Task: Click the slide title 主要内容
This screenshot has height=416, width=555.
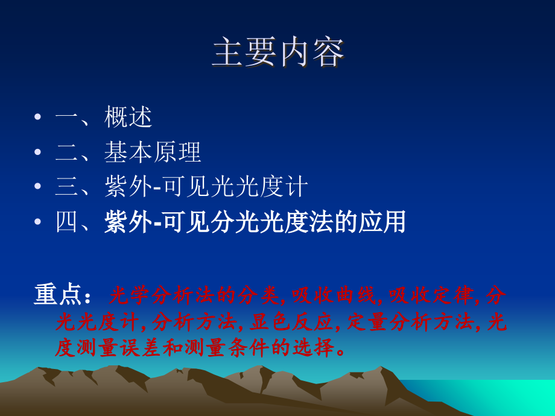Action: tap(278, 53)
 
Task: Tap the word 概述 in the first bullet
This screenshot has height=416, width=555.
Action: tap(128, 117)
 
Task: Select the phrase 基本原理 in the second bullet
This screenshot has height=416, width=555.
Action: tap(153, 153)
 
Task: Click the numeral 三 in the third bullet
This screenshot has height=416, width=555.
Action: tap(67, 188)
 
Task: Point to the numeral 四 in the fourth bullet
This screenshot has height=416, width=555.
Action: tap(67, 222)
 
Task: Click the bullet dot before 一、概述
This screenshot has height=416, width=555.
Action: tap(39, 118)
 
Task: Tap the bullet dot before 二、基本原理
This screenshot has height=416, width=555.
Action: tap(39, 153)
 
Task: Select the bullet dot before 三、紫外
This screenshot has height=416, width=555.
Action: tap(39, 188)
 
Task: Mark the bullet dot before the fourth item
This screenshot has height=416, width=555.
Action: tap(39, 222)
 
